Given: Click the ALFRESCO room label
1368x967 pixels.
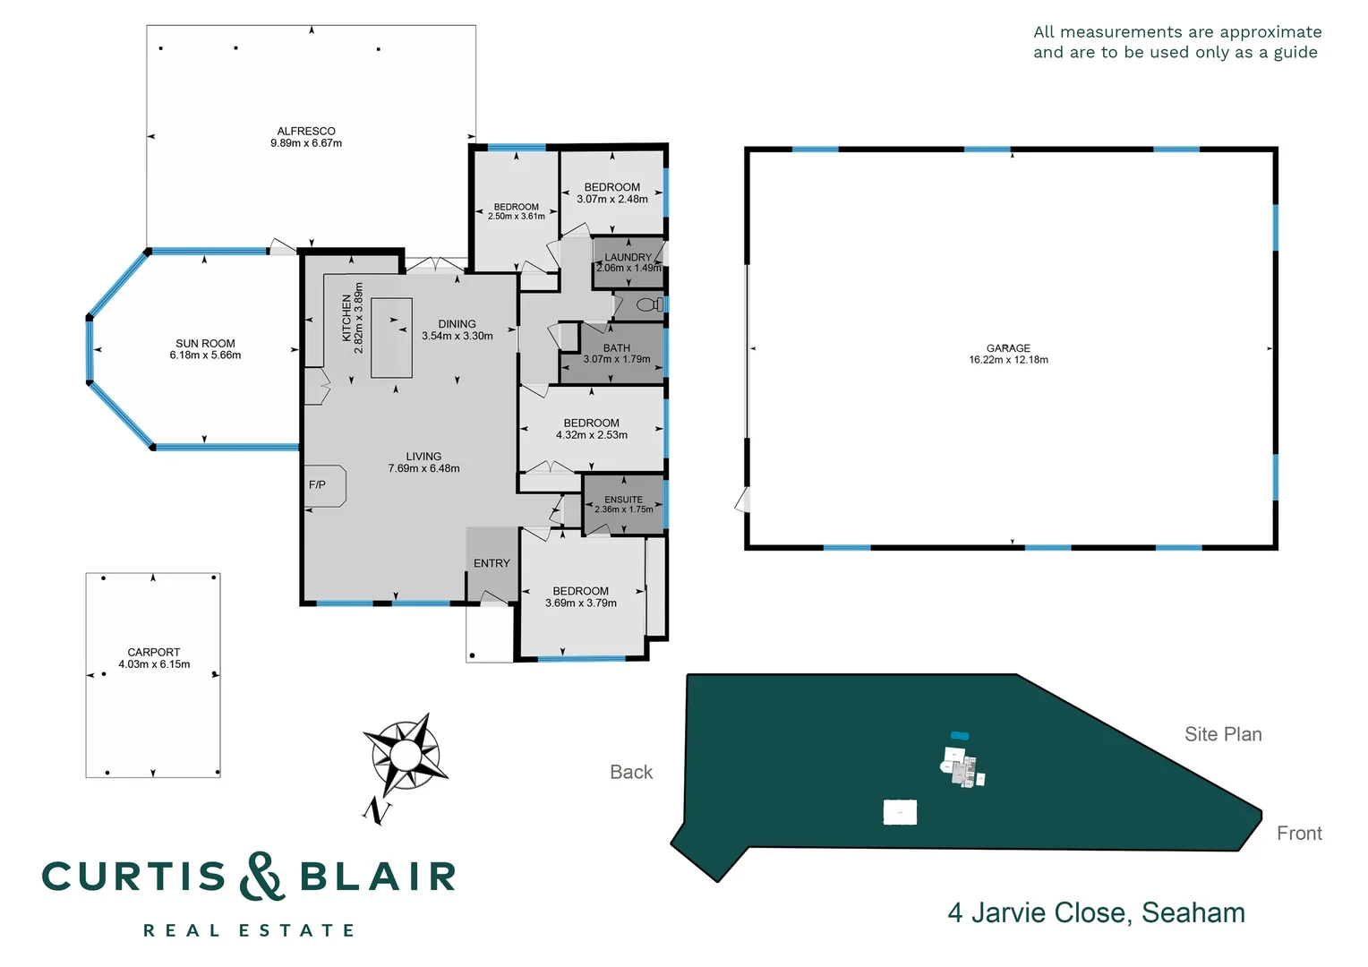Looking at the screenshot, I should tap(306, 131).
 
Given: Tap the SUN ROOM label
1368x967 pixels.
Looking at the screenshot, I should tap(205, 343).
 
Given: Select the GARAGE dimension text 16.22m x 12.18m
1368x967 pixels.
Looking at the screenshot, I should tap(1008, 360).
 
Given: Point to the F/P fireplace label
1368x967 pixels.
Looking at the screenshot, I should tap(317, 485).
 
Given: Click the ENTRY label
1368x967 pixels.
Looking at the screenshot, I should tap(492, 563).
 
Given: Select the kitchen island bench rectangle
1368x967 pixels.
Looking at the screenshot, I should tap(392, 338).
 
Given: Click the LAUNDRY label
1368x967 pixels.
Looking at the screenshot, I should tap(628, 257).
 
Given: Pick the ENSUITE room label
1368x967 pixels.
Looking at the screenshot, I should tap(623, 500).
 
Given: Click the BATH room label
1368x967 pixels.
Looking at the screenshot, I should tap(617, 348).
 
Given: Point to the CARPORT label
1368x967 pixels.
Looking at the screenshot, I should tap(154, 652).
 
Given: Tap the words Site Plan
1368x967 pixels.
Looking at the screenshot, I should tap(1223, 734).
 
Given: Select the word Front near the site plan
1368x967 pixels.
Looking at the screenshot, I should tap(1299, 834).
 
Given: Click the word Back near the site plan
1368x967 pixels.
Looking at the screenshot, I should tap(631, 772).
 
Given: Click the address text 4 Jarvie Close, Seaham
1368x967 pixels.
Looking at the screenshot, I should tap(1096, 912).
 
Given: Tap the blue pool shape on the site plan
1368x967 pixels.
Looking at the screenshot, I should tap(960, 736).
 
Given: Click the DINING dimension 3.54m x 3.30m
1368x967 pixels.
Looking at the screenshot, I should tap(457, 336).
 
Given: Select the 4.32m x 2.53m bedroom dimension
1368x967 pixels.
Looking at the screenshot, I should tap(592, 435).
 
